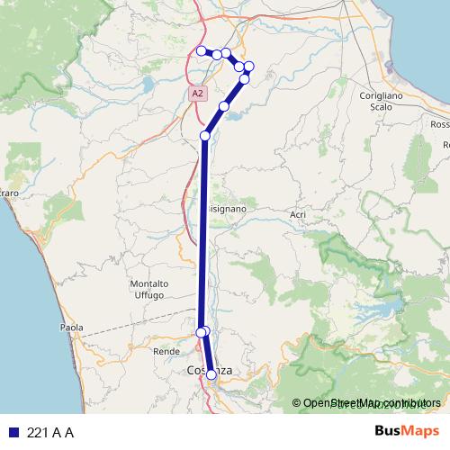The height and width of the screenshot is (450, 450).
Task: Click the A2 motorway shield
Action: coord(197,92)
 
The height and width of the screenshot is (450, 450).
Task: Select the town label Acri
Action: coord(298,214)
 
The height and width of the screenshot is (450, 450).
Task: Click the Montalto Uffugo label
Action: coord(149,289)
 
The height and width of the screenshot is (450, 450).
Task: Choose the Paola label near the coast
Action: coord(71,328)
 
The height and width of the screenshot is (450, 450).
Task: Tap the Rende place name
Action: coord(166,351)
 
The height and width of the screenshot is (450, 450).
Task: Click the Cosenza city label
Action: coord(208,370)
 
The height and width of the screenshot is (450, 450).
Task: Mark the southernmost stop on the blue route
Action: coord(211,374)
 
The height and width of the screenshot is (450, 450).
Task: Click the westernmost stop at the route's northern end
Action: coord(202,50)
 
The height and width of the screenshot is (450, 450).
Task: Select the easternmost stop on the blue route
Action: coord(249,66)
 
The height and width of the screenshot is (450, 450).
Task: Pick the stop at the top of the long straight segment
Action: coord(205,135)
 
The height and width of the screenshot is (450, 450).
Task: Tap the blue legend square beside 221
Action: coord(12,433)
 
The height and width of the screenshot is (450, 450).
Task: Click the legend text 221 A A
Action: coord(50,433)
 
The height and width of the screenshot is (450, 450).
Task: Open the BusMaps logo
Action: coord(407,432)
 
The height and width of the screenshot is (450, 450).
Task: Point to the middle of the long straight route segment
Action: coord(202,234)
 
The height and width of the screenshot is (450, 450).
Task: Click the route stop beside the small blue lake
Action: coord(224,106)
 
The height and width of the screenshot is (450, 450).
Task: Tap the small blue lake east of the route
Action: coord(236,113)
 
